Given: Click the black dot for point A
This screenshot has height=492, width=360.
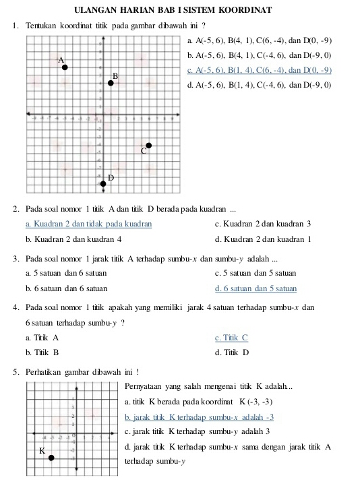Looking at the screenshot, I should coord(65,67).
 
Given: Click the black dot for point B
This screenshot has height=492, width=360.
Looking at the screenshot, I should coord(111,83).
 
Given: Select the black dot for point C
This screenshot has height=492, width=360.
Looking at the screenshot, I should coord(149,145).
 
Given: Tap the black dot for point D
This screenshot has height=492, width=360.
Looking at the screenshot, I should coord(103,183).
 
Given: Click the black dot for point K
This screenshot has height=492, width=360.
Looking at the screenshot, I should coord(51,458).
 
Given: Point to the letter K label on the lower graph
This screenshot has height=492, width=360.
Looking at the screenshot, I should coord(42,450).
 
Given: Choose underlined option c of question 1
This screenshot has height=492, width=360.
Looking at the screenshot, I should coord(259,70).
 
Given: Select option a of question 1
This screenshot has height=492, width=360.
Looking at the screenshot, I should coord(260,40).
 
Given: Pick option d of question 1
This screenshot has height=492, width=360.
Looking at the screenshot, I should coord(260,85).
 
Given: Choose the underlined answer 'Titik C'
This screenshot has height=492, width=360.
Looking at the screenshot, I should coord(231,337).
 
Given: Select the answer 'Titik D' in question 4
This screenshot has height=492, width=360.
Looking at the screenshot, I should coord(231,352).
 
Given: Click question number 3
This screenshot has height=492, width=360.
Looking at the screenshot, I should coord(15,258).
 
